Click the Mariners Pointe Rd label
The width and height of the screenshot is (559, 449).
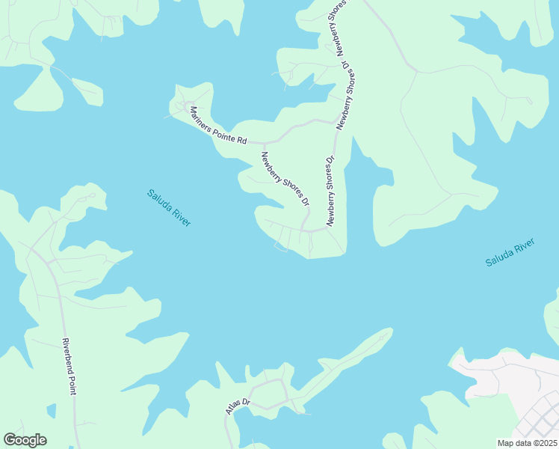pyautogui.click(x=217, y=126)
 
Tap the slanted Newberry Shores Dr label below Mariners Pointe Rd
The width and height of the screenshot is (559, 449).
pyautogui.click(x=284, y=179)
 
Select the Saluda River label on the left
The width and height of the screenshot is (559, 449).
pyautogui.click(x=168, y=207)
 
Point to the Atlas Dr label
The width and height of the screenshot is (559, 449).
pyautogui.click(x=237, y=406)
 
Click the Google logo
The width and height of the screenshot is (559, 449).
pyautogui.click(x=25, y=440)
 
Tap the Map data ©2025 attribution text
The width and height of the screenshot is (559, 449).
pyautogui.click(x=527, y=443)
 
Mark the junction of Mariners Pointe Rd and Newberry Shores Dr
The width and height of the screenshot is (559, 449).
pyautogui.click(x=264, y=143)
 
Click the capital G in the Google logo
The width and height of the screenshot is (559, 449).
pyautogui.click(x=10, y=439)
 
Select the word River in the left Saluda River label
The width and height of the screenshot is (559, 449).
pyautogui.click(x=180, y=216)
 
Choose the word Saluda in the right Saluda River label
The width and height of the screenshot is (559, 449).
pyautogui.click(x=498, y=257)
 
